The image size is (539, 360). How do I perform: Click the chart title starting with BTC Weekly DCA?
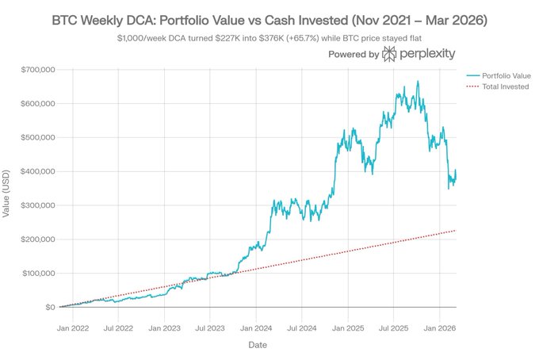coord(269,17)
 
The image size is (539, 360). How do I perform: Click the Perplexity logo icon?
coord(390,55)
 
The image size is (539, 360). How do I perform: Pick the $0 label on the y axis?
coord(48,307)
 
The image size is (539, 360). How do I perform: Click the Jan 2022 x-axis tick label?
coord(78,325)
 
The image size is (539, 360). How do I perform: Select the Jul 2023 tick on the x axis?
coord(212,325)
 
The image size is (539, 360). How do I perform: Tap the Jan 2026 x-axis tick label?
coord(438,325)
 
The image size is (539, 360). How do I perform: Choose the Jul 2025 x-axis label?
coord(393,325)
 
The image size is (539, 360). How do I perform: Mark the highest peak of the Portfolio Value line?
coord(418,81)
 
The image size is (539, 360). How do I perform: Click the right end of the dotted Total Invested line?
coord(456,230)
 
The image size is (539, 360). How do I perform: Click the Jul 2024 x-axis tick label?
coord(302,325)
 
